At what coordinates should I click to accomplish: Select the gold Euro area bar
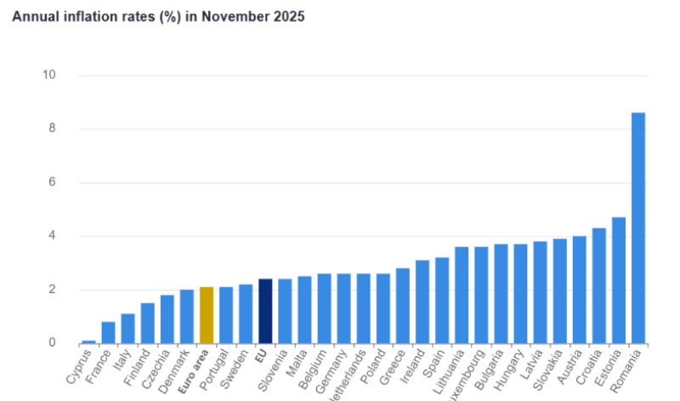[x=207, y=315]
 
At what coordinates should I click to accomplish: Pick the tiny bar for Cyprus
[x=88, y=342]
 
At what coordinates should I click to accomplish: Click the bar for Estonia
[x=619, y=280]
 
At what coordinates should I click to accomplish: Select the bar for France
[x=108, y=332]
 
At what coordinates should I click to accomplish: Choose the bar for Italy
[x=127, y=329]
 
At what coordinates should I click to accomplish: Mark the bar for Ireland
[x=422, y=302]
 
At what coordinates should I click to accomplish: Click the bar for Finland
[x=147, y=323]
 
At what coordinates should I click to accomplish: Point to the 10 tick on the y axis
[x=48, y=76]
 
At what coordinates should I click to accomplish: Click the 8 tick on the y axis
[x=51, y=129]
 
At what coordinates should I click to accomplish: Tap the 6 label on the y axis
[x=51, y=183]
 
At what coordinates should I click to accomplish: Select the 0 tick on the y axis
[x=51, y=343]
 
